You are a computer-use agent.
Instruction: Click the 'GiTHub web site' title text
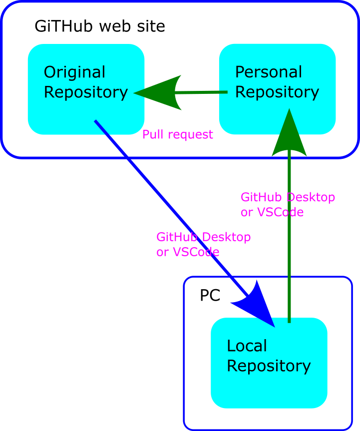[x=99, y=26]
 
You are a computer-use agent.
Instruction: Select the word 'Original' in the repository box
[x=74, y=72]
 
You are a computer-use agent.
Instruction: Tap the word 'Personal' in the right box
[x=268, y=72]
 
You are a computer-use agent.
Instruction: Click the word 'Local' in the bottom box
[x=247, y=346]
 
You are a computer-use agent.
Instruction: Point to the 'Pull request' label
[x=177, y=134]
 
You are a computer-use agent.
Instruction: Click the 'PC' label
[x=210, y=296]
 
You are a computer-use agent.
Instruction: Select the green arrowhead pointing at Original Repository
[x=160, y=92]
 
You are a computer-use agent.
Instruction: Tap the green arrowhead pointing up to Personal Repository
[x=289, y=135]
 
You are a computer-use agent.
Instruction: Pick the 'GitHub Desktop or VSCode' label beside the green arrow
[x=287, y=205]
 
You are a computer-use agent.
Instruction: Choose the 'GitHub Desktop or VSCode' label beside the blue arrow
[x=203, y=244]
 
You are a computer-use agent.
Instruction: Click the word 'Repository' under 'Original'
[x=85, y=92]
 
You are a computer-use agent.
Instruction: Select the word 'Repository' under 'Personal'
[x=277, y=92]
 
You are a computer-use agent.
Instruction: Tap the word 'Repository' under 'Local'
[x=269, y=366]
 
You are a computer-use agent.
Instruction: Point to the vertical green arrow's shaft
[x=289, y=240]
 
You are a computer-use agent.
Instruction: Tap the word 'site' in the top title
[x=153, y=26]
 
